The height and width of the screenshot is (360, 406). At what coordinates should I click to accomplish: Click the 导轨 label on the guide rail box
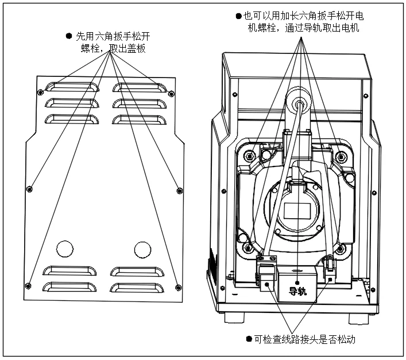[x=298, y=292]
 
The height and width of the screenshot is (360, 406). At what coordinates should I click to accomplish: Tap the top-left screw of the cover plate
[x=40, y=92]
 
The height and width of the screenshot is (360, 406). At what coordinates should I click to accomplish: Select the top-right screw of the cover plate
[x=171, y=94]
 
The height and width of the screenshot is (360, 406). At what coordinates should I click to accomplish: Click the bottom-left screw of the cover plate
[x=28, y=286]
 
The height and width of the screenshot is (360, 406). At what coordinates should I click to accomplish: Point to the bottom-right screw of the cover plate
[x=178, y=288]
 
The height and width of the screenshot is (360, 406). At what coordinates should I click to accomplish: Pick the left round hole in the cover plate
[x=65, y=249]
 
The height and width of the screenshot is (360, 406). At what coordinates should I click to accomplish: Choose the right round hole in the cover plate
[x=142, y=250]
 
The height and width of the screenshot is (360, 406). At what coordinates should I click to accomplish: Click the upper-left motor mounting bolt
[x=250, y=156]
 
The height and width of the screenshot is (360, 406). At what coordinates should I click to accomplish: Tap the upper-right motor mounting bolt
[x=341, y=157]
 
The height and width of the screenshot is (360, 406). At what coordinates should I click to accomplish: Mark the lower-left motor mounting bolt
[x=248, y=248]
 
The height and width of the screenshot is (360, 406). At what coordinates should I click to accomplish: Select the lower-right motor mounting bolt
[x=341, y=249]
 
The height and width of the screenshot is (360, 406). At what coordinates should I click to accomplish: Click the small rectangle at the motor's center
[x=297, y=211]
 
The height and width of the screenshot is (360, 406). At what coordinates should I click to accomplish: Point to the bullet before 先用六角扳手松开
[x=69, y=36]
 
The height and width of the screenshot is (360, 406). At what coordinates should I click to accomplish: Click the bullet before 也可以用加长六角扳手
[x=239, y=16]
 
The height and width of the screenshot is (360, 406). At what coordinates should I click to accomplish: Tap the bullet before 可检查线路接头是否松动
[x=249, y=339]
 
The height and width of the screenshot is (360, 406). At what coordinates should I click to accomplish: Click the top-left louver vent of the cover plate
[x=72, y=87]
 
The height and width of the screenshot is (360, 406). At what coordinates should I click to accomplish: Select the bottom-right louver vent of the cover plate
[x=137, y=288]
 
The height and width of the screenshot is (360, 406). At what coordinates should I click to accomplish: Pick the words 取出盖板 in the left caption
[x=127, y=48]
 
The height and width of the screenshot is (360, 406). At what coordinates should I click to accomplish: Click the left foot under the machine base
[x=234, y=318]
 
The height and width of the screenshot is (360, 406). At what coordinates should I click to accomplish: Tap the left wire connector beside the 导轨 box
[x=266, y=273]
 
